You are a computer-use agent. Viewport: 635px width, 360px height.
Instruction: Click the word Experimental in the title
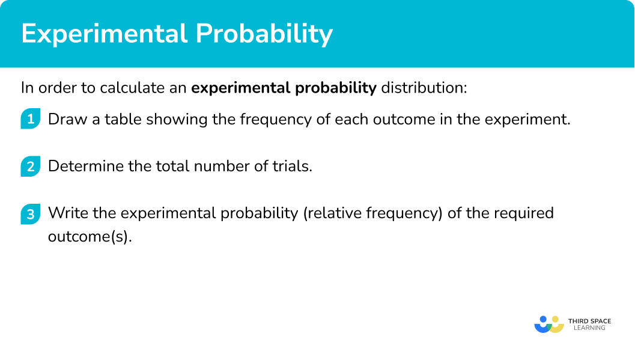point(105,34)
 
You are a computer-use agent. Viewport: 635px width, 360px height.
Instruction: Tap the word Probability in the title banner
point(264,34)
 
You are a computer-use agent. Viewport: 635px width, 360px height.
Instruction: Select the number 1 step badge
point(31,118)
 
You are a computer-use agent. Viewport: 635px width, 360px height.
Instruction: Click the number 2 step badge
point(31,166)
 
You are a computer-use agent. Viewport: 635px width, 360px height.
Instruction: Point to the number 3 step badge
point(31,213)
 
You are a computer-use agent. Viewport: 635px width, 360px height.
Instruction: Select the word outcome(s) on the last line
point(90,236)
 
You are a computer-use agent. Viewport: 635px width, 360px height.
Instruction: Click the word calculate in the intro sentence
point(126,88)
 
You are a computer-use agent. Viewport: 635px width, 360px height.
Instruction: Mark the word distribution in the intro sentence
point(424,88)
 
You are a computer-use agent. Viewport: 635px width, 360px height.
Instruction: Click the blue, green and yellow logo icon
point(549,325)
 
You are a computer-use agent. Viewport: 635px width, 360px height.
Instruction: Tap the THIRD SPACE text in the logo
point(590,321)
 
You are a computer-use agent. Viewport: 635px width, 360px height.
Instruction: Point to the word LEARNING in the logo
point(590,328)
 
